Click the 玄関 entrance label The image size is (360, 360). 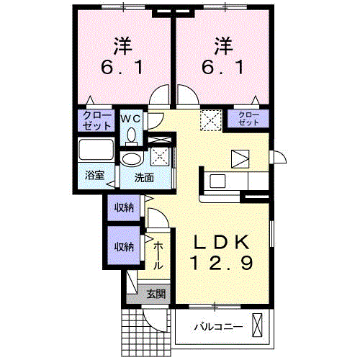(x=156, y=294)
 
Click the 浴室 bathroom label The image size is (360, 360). (x=94, y=175)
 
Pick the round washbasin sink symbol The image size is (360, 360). (x=132, y=159)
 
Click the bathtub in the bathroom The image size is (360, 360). (x=94, y=150)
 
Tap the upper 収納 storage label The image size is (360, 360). (x=123, y=208)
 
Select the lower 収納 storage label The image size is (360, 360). (x=123, y=246)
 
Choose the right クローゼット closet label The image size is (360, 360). (x=248, y=120)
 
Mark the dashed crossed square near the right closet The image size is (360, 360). (x=211, y=118)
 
